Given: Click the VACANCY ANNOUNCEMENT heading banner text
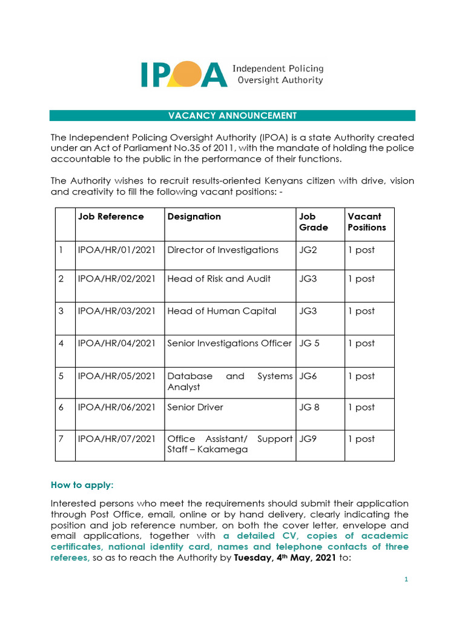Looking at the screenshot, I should tap(232, 116).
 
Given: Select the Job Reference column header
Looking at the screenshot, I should tap(111, 217).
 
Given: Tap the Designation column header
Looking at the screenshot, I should tap(194, 217).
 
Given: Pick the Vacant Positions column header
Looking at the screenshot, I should tap(366, 222).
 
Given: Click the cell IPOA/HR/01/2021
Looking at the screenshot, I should tap(117, 250).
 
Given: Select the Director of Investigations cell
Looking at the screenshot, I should tap(223, 250).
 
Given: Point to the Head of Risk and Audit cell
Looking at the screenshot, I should tap(219, 279).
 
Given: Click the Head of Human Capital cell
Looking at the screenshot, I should tap(222, 311).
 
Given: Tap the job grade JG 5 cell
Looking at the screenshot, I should tap(309, 343).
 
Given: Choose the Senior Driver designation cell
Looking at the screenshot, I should tap(195, 407).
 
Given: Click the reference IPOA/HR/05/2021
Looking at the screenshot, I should tap(117, 376).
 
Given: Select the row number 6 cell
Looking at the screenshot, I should tap(61, 407).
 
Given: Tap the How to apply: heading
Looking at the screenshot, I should tap(82, 486).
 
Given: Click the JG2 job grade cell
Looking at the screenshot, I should tap(308, 250).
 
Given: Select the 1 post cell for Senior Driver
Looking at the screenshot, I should tap(361, 407).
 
